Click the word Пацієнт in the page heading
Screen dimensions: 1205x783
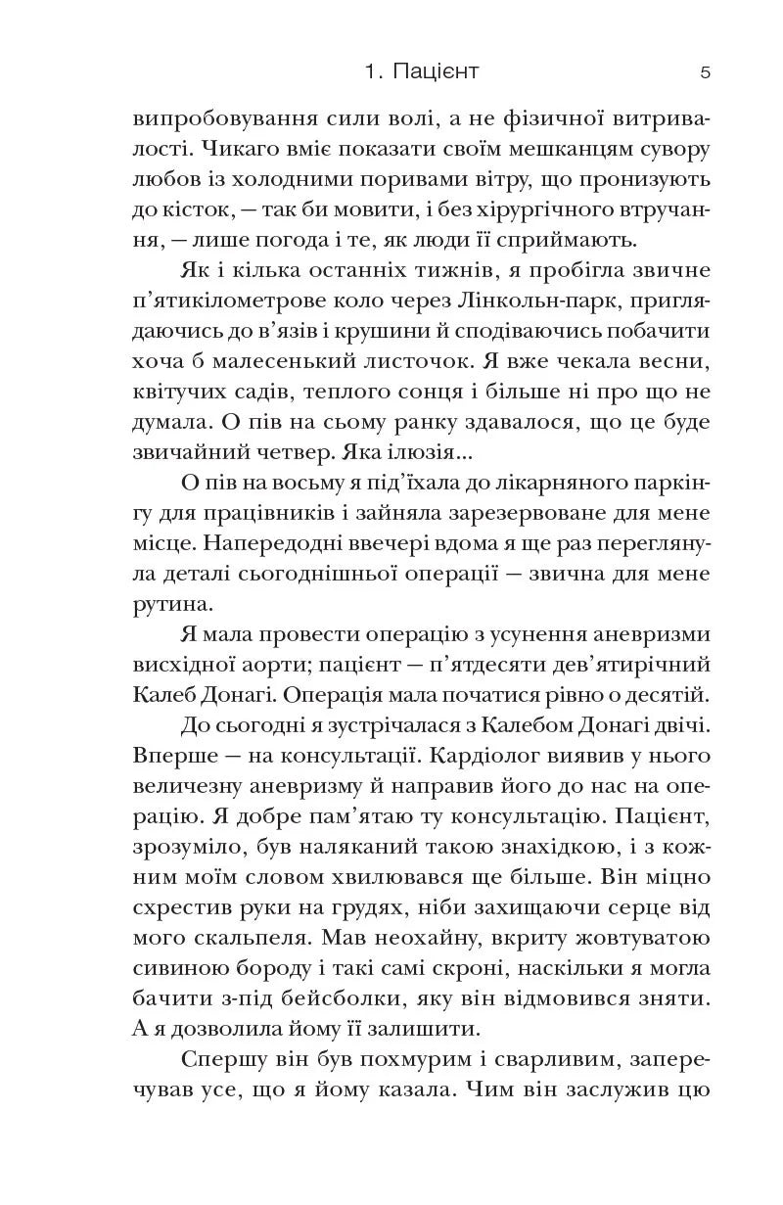click(x=436, y=72)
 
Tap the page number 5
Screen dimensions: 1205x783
click(x=705, y=72)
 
